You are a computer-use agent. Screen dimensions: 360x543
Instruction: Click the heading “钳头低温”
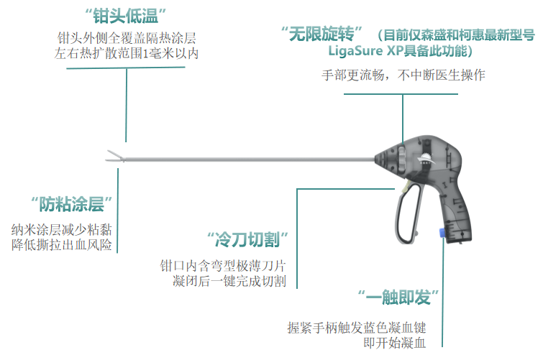(126, 15)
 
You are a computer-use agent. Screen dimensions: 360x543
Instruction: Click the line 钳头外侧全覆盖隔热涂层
(127, 37)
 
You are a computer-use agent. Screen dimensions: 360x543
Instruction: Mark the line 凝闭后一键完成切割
(230, 281)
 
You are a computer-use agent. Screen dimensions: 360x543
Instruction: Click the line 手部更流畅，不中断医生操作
(403, 75)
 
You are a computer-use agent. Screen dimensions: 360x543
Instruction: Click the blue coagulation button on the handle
(439, 233)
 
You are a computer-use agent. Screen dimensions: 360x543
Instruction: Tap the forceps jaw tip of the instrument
(111, 155)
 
